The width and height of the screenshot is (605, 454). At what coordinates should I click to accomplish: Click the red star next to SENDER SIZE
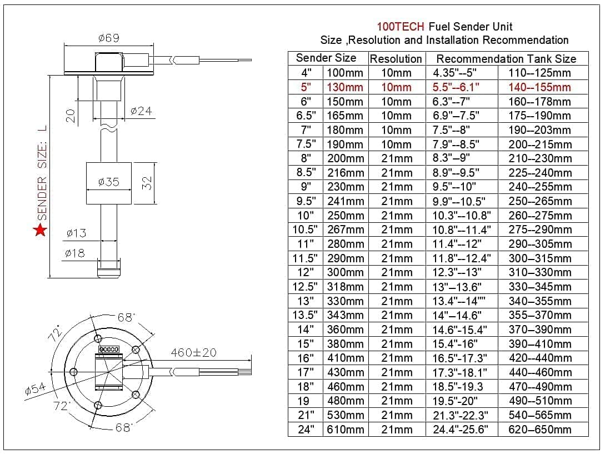(40, 230)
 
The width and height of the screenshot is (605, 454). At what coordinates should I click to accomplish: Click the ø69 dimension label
(108, 38)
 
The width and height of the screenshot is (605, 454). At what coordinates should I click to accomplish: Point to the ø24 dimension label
(141, 111)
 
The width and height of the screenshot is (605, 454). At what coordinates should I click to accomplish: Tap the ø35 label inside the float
(108, 182)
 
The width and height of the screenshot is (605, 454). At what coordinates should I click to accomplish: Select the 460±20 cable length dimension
(193, 352)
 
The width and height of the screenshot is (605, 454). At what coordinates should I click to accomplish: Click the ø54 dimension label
(35, 390)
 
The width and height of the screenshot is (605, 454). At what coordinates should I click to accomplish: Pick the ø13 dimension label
(76, 233)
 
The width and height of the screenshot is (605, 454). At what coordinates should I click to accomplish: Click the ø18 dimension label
(74, 253)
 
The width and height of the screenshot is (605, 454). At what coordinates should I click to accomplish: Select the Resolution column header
(396, 58)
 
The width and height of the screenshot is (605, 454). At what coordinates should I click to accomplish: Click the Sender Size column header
(326, 58)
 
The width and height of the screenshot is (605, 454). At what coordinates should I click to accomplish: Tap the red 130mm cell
(345, 87)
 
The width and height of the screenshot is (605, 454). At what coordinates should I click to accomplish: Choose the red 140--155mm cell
(539, 87)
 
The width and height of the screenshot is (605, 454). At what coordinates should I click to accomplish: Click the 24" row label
(306, 429)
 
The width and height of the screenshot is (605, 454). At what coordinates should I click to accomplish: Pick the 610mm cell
(345, 429)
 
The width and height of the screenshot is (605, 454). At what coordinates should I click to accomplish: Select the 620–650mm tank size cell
(540, 429)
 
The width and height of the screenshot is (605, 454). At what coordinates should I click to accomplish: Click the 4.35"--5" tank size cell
(455, 73)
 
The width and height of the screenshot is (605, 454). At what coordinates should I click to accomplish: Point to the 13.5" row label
(306, 315)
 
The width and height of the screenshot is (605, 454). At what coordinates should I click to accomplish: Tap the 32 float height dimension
(147, 183)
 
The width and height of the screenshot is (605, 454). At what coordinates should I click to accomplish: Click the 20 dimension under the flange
(71, 115)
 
